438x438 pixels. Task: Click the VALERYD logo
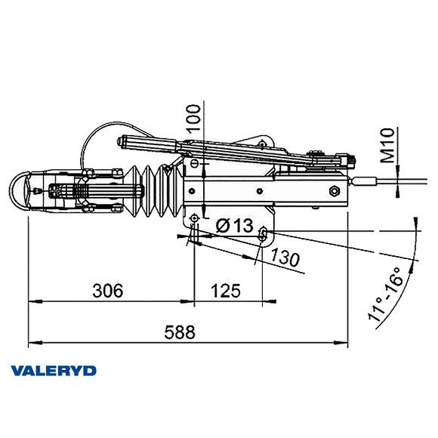pyautogui.click(x=53, y=370)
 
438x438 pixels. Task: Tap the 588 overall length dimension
pyautogui.click(x=180, y=332)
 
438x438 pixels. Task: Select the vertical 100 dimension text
pyautogui.click(x=193, y=120)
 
